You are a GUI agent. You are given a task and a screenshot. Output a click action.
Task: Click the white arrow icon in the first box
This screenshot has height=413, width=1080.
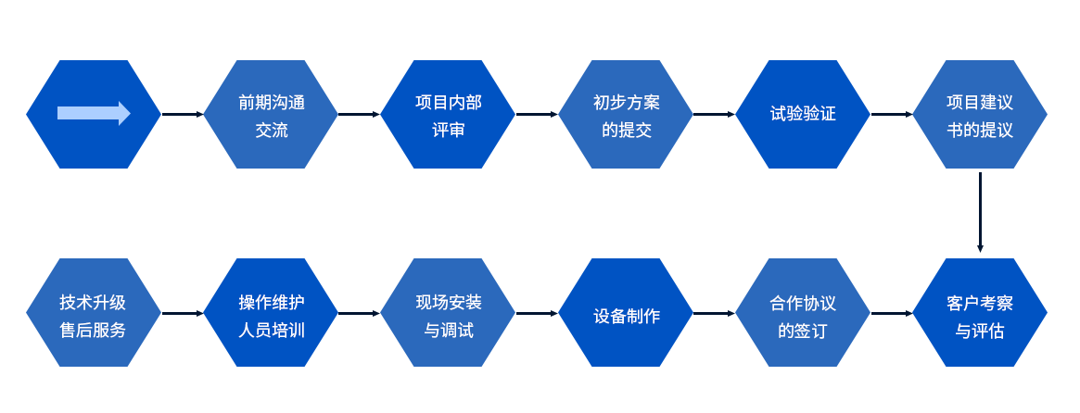click(94, 113)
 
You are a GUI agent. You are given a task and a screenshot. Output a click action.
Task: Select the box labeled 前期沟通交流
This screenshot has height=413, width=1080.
click(271, 115)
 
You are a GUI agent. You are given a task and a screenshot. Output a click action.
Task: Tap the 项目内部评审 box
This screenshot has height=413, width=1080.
click(448, 115)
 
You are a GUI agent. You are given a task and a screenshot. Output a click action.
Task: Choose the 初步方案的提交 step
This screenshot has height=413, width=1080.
click(626, 115)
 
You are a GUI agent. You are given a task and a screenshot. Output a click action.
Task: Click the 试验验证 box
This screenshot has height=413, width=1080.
click(803, 115)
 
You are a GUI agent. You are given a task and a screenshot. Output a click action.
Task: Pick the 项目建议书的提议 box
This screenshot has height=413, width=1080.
click(979, 115)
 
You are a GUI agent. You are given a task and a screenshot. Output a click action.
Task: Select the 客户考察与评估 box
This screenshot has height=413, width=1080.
click(979, 312)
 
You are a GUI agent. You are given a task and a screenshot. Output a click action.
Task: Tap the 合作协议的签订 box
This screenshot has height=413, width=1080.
click(803, 312)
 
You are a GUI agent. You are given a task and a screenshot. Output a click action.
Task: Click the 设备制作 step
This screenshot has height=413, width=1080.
click(626, 312)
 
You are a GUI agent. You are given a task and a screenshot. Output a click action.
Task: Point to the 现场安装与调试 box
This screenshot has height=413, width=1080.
click(448, 312)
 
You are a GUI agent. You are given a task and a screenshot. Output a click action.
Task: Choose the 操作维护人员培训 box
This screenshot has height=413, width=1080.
click(271, 312)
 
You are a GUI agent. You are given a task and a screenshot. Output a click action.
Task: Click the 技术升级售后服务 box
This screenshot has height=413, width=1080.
click(94, 312)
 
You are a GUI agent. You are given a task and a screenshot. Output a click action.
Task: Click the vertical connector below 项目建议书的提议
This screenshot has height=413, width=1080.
click(979, 212)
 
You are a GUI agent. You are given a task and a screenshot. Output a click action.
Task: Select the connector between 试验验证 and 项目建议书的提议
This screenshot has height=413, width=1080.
click(891, 114)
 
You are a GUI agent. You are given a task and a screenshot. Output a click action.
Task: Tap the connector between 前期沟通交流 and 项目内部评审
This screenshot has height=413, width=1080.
click(360, 114)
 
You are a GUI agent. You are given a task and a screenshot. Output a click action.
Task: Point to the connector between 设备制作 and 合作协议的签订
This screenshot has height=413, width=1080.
click(714, 313)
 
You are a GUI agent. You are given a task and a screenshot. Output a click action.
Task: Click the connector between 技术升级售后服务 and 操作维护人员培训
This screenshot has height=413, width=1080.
click(183, 313)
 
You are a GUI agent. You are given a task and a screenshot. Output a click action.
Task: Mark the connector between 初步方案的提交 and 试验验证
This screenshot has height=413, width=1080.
click(714, 114)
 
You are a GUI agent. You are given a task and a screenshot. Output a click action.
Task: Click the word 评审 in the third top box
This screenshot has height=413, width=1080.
click(448, 130)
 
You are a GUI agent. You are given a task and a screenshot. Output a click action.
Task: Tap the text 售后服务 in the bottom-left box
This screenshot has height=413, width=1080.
click(93, 330)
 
